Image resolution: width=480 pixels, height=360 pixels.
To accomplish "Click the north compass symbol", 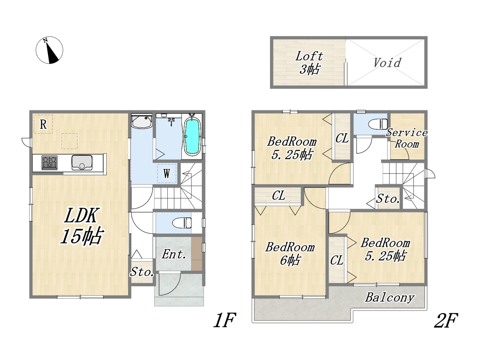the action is pyautogui.click(x=49, y=50).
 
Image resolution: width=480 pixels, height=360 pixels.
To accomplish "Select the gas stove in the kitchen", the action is pyautogui.click(x=49, y=163).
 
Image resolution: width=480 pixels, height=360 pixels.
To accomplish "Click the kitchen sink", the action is pyautogui.click(x=82, y=162).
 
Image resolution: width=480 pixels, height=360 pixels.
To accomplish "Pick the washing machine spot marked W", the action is pyautogui.click(x=166, y=174).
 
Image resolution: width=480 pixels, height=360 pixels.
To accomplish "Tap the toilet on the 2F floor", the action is pyautogui.click(x=378, y=124).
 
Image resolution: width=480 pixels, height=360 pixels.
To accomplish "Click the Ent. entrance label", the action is pyautogui.click(x=174, y=254).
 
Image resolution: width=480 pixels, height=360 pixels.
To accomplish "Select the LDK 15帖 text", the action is pyautogui.click(x=81, y=226).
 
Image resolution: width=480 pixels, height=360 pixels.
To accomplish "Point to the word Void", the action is pyautogui.click(x=387, y=63).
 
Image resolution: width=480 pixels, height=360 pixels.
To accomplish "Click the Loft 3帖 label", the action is pyautogui.click(x=309, y=63).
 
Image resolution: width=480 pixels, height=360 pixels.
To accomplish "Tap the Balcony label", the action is pyautogui.click(x=390, y=297).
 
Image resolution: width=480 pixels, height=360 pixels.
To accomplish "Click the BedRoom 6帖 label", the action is pyautogui.click(x=290, y=254).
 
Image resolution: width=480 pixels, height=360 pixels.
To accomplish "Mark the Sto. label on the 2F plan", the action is pyautogui.click(x=388, y=199).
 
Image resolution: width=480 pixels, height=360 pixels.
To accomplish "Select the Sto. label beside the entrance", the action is pyautogui.click(x=142, y=272).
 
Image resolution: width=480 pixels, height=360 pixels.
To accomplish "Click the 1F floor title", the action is pyautogui.click(x=225, y=320).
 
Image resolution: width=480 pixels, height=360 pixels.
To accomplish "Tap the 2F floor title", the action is pyautogui.click(x=445, y=320).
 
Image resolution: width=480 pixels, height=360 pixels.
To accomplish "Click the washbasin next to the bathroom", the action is pyautogui.click(x=142, y=122).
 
